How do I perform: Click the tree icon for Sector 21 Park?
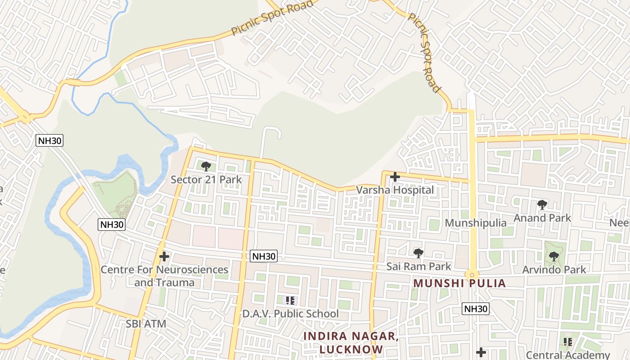point(206,166)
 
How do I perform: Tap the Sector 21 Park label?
point(206,180)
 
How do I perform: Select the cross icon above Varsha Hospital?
point(395,177)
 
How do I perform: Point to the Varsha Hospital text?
point(395,190)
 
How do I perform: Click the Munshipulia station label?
point(475,223)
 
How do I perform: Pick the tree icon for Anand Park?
point(542,205)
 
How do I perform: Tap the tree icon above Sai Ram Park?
point(418,253)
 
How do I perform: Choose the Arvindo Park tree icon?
point(553,256)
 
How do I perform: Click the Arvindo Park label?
point(554,270)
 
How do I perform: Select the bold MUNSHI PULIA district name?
point(459,283)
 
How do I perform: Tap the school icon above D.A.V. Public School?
point(290,300)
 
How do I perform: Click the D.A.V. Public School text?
point(290,313)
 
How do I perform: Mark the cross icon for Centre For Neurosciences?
point(164,256)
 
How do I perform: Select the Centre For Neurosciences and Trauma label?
point(164,276)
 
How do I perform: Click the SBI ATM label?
point(146,324)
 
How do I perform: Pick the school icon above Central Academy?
point(568,342)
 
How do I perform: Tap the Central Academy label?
point(568,355)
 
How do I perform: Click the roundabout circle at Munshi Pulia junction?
point(472,274)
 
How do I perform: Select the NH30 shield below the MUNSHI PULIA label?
point(476,309)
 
